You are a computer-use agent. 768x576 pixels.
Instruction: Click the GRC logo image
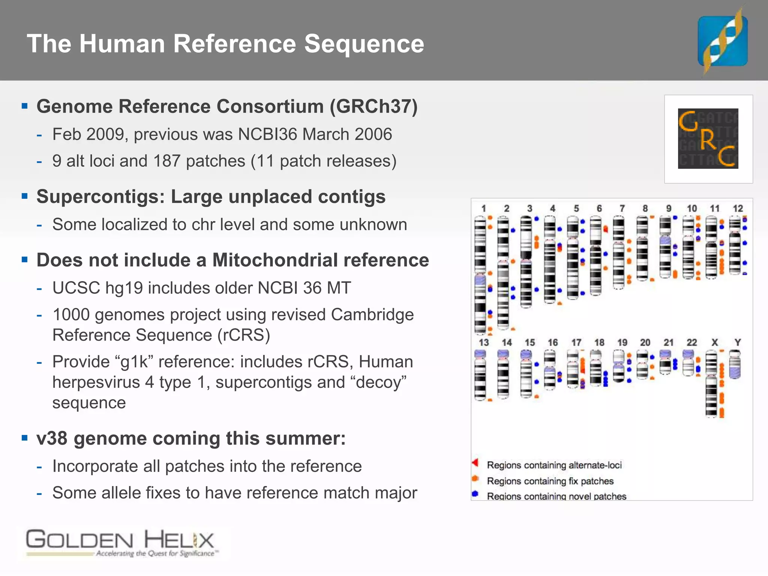708,139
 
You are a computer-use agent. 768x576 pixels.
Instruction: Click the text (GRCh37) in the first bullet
373,106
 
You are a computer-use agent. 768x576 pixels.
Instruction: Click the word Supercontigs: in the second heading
100,197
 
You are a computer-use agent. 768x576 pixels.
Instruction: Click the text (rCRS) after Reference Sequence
244,335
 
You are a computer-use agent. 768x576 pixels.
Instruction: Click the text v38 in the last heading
52,438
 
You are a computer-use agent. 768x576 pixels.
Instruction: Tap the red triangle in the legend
475,463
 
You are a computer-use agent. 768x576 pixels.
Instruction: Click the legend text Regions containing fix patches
550,481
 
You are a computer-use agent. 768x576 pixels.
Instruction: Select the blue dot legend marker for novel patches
475,494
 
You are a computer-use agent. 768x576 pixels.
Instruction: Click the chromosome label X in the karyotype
715,342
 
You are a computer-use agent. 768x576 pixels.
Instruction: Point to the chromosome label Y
738,342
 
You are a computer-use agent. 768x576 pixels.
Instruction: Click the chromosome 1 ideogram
480,276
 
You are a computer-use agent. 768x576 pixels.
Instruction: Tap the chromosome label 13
484,342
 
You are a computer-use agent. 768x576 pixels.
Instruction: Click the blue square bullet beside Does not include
25,259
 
